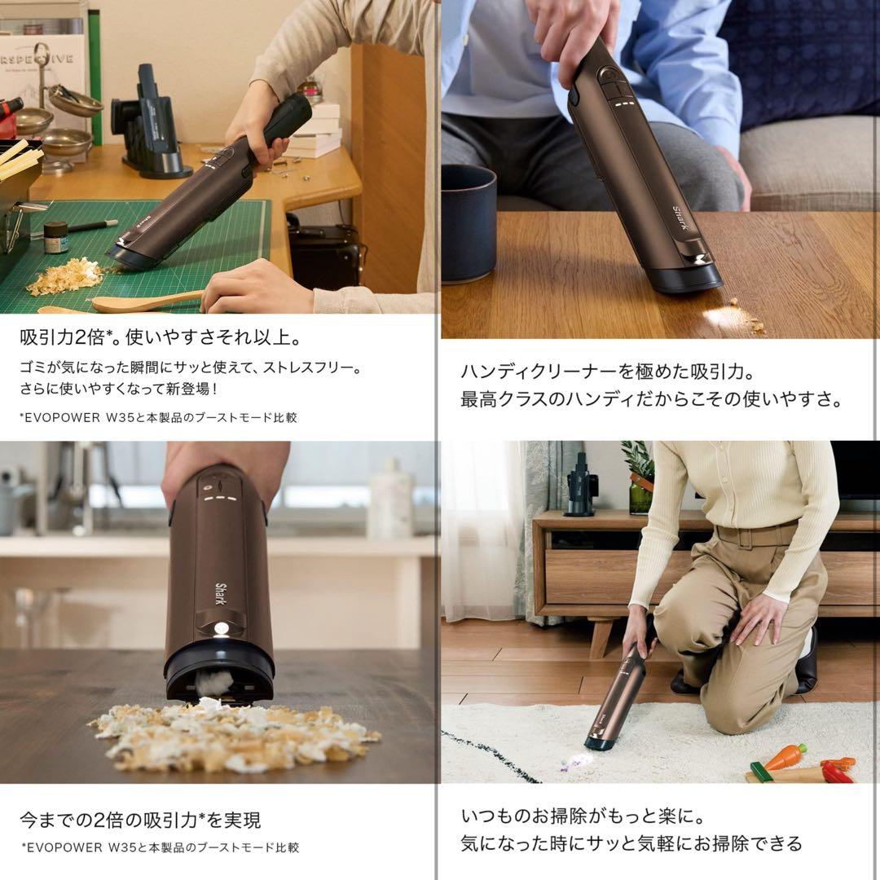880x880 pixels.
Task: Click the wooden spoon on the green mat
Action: click(147, 301)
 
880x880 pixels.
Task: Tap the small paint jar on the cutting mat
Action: click(55, 237)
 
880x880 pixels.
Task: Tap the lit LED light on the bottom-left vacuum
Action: click(221, 629)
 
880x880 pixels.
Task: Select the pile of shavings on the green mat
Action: click(64, 276)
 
